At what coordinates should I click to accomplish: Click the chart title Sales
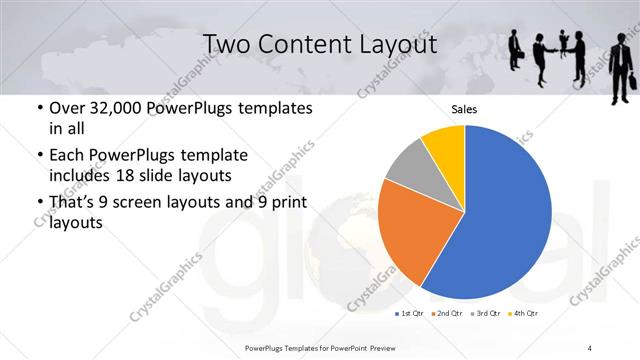pyautogui.click(x=464, y=109)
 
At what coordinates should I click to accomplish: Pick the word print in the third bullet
pyautogui.click(x=283, y=203)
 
